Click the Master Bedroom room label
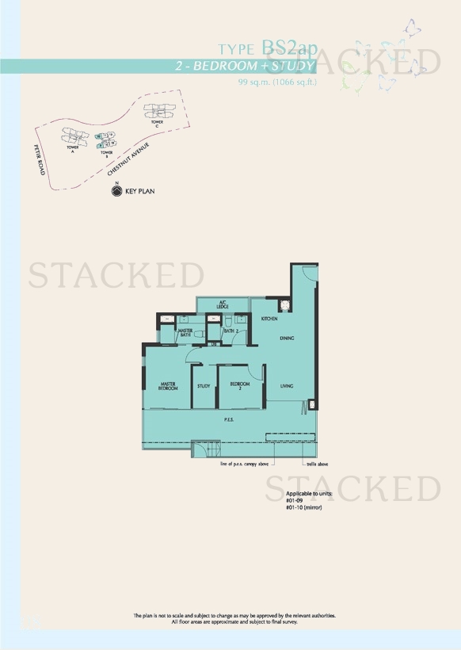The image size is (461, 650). click(167, 386)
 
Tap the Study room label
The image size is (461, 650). click(204, 386)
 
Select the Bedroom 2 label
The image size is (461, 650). click(240, 386)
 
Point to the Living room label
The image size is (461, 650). click(287, 386)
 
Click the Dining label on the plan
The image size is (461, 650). click(287, 338)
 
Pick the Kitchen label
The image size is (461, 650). click(269, 319)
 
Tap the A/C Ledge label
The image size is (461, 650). click(225, 305)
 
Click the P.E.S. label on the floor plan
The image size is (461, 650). click(228, 419)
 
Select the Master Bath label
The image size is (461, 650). click(186, 333)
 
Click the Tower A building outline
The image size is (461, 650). click(78, 136)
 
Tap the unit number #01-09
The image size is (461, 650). click(295, 500)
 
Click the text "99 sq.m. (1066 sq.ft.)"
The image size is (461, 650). click(276, 82)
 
